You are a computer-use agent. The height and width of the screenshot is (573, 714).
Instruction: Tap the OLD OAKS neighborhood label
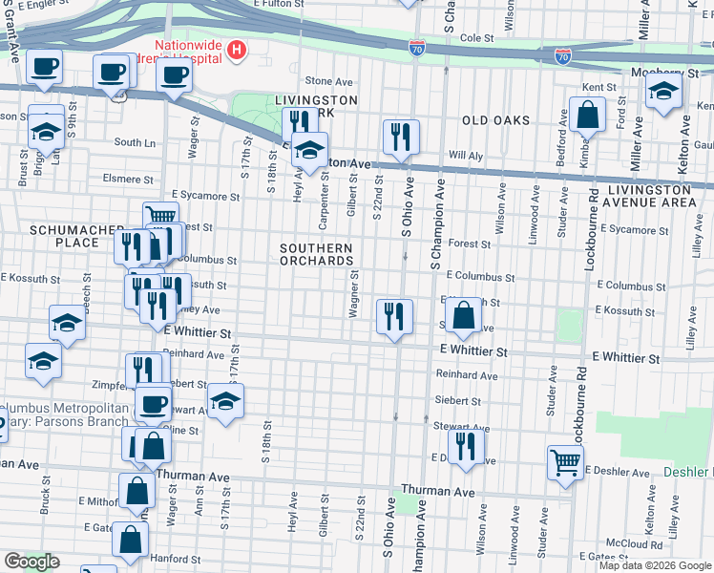tap(495, 120)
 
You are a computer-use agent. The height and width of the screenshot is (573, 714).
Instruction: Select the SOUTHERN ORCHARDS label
tap(316, 254)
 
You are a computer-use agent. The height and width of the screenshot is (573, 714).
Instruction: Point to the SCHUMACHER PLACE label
tap(64, 236)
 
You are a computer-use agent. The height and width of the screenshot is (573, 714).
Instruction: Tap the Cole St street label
tap(476, 38)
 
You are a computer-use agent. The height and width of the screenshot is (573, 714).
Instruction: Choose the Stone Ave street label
tap(323, 81)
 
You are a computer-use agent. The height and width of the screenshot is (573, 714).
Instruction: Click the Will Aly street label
tap(467, 154)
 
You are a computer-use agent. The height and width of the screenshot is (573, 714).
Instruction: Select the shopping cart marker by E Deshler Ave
tap(565, 462)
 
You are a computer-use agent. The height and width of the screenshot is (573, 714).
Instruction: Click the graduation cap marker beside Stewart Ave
tap(225, 401)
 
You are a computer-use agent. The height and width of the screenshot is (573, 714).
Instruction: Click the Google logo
tap(31, 561)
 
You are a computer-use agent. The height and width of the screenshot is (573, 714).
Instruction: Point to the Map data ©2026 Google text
tap(654, 565)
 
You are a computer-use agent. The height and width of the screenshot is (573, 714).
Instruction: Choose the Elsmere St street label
tap(128, 179)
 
